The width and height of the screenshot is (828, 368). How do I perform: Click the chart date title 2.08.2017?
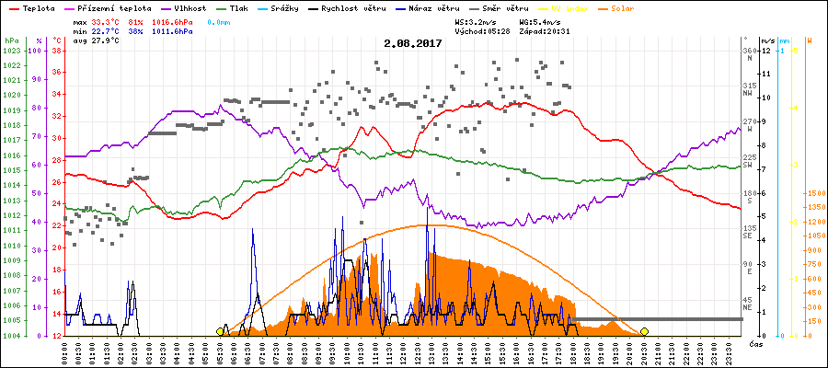(x=413, y=42)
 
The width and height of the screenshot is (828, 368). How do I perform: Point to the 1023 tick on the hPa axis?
(x=11, y=51)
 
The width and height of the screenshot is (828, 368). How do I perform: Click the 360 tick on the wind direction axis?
(x=749, y=51)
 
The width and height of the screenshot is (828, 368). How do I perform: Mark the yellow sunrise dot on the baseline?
(x=220, y=331)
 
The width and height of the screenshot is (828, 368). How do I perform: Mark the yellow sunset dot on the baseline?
(x=644, y=331)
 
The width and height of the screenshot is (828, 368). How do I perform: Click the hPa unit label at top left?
(x=11, y=41)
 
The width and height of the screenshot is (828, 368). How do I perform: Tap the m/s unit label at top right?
(x=767, y=41)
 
